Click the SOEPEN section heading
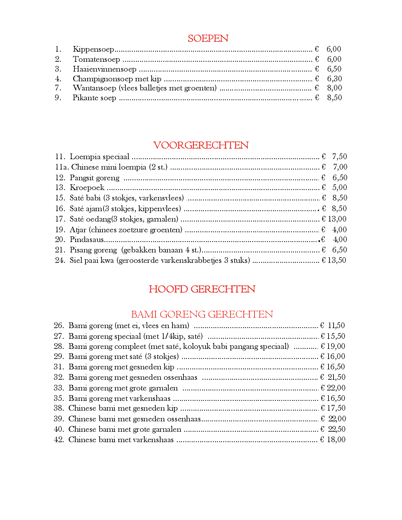(x=208, y=38)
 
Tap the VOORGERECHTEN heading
(x=201, y=145)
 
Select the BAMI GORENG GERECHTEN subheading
(x=202, y=314)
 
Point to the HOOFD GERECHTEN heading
(x=202, y=289)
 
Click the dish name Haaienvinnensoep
(x=104, y=69)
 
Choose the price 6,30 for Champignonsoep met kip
(x=334, y=78)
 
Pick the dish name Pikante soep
(x=94, y=98)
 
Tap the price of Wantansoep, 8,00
(x=334, y=88)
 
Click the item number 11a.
(x=62, y=167)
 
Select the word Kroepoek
(x=87, y=188)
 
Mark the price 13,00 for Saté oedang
(x=337, y=219)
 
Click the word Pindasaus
(x=87, y=240)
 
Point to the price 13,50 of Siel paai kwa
(x=337, y=260)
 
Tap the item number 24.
(x=60, y=260)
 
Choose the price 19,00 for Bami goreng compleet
(x=336, y=346)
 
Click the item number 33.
(x=59, y=388)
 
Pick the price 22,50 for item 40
(x=336, y=429)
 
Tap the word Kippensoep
(x=93, y=49)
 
